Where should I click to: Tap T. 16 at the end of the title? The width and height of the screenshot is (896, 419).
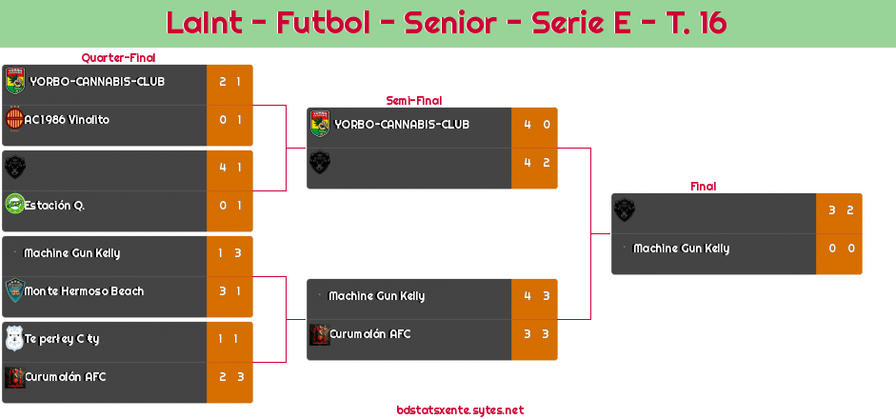(x=690, y=23)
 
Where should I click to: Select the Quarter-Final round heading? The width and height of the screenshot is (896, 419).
(x=117, y=58)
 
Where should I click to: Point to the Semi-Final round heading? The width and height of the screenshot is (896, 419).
(x=412, y=100)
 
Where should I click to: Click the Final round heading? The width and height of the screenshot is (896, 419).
(x=702, y=187)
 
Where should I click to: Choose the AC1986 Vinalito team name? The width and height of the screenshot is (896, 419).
(x=67, y=120)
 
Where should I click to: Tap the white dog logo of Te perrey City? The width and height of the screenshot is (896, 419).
(x=14, y=338)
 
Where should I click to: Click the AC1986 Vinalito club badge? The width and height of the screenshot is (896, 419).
(x=14, y=120)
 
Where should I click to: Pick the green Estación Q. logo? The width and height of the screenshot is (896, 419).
(x=14, y=205)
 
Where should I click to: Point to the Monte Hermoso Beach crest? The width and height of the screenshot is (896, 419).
(x=14, y=290)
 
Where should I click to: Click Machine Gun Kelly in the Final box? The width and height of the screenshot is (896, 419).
(x=681, y=249)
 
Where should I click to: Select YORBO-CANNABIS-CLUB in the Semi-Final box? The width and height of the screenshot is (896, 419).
(x=402, y=125)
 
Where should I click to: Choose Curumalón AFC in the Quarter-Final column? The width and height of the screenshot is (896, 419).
(x=67, y=377)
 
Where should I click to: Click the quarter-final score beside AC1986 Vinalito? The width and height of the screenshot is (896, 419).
(x=229, y=120)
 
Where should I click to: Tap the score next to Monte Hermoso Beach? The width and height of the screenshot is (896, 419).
(x=229, y=291)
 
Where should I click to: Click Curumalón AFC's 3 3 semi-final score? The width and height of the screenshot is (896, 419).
(x=534, y=334)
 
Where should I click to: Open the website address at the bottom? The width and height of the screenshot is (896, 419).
(x=460, y=410)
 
